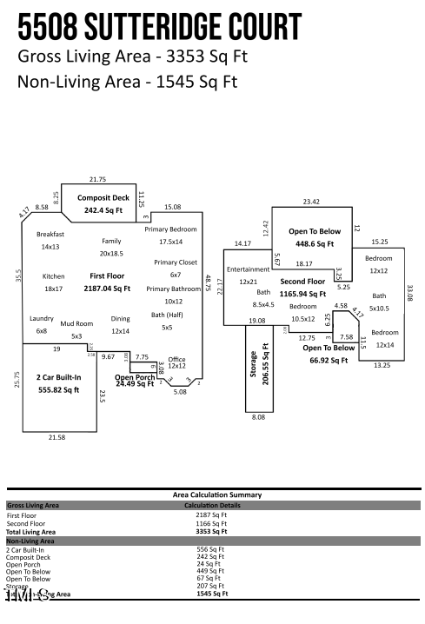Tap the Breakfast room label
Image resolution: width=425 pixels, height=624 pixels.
tap(50, 234)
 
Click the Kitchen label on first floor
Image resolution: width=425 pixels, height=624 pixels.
tap(54, 276)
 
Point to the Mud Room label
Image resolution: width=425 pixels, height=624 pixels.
tap(76, 323)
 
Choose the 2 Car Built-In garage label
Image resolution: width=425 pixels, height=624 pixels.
tap(57, 378)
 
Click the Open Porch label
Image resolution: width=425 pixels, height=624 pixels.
tap(135, 377)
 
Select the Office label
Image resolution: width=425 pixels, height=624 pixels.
tap(176, 359)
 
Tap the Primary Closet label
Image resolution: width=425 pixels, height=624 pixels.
tap(176, 262)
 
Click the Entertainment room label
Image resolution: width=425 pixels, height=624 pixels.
tap(248, 269)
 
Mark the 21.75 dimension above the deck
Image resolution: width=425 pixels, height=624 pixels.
tap(97, 179)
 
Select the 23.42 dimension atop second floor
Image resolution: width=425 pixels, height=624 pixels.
tap(311, 202)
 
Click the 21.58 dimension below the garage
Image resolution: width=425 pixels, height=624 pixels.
tap(57, 437)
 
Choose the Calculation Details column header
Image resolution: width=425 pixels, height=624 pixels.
tap(212, 505)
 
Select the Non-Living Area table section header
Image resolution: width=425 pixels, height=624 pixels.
tap(30, 541)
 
